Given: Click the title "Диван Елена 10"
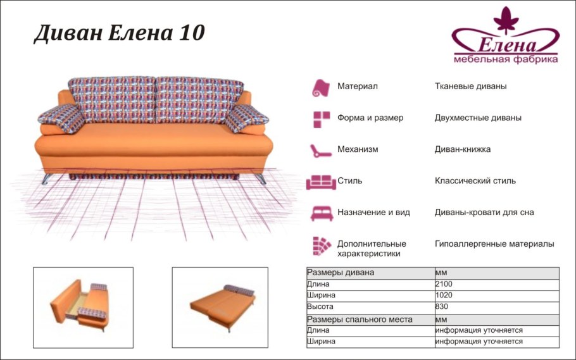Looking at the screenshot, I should click(119, 33).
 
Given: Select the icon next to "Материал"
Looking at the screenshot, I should click(320, 87).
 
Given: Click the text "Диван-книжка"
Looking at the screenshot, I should click(463, 149).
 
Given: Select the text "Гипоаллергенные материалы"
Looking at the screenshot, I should click(494, 244).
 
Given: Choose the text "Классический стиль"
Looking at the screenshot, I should click(475, 181).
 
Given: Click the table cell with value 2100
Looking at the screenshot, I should click(444, 284).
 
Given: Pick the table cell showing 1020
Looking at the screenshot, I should click(444, 295).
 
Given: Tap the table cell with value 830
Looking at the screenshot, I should click(441, 307).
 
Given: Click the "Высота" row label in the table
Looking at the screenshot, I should click(320, 307).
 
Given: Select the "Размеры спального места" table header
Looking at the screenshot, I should click(360, 319).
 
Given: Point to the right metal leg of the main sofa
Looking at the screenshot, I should click(260, 178).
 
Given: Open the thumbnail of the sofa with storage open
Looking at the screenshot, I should click(83, 307).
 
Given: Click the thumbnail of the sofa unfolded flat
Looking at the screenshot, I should click(222, 307).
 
